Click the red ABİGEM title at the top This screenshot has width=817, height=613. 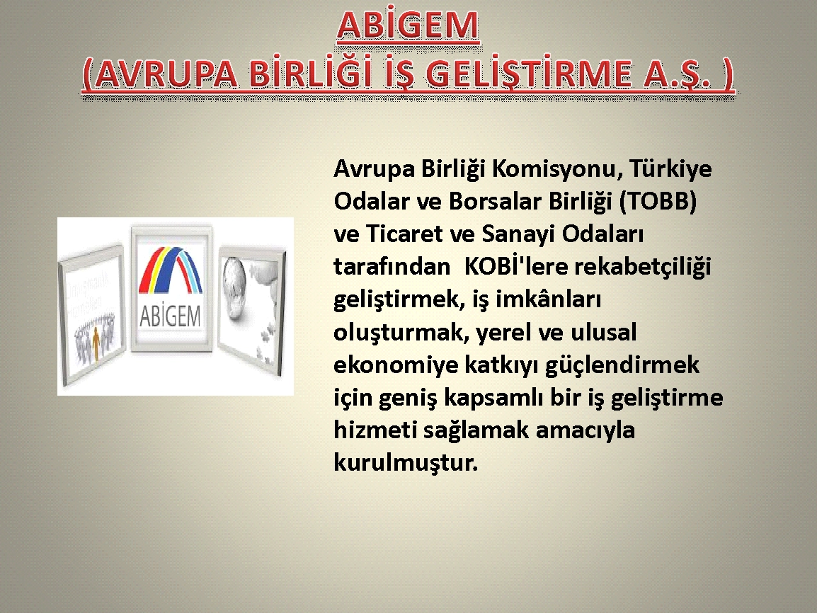pyautogui.click(x=408, y=26)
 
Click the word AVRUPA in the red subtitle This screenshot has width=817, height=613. pyautogui.click(x=166, y=74)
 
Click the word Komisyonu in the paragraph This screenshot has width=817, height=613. pyautogui.click(x=557, y=168)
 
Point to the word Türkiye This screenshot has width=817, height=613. pyautogui.click(x=670, y=169)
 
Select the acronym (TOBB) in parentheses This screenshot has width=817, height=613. pyautogui.click(x=658, y=202)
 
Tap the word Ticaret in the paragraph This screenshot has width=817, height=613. pyautogui.click(x=404, y=234)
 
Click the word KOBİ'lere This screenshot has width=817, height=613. pyautogui.click(x=515, y=266)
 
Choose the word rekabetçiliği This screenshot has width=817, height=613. pyautogui.click(x=642, y=267)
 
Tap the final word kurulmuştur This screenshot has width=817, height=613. pyautogui.click(x=406, y=462)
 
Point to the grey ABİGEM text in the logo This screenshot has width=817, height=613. pyautogui.click(x=171, y=316)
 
